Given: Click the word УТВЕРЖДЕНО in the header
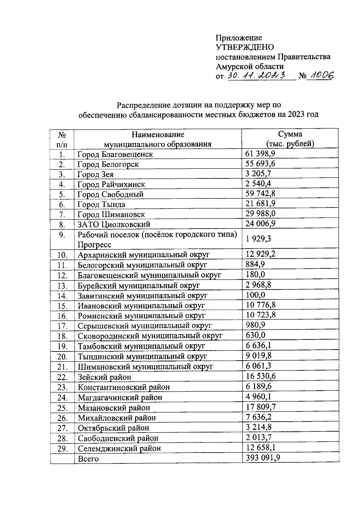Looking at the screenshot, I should coord(245,47).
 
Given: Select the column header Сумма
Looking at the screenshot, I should coord(290,134).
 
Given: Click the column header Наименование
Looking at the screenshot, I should coord(157,134).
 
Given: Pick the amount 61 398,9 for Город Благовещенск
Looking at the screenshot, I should coord(260,154).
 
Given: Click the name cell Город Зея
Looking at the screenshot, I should coord(95,174).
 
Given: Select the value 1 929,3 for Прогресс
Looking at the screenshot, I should coord(258,238).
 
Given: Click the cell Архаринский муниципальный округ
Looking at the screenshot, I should coord(144,255).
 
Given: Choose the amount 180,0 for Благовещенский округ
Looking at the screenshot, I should coord(255,274).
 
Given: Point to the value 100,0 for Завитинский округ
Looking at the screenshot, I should coord(255,295).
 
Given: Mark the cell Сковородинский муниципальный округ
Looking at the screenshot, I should coord(150,336).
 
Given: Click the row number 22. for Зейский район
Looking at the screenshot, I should coord(62,377).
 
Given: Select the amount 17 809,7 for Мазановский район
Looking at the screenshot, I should coord(260,407).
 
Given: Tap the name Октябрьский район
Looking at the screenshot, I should coord(113,428).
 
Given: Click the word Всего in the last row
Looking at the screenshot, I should coord(88,459).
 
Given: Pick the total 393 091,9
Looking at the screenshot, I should coord(263,458).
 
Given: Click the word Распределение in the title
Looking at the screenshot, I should coord(143,105).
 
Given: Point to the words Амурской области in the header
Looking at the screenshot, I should coord(250,66).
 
